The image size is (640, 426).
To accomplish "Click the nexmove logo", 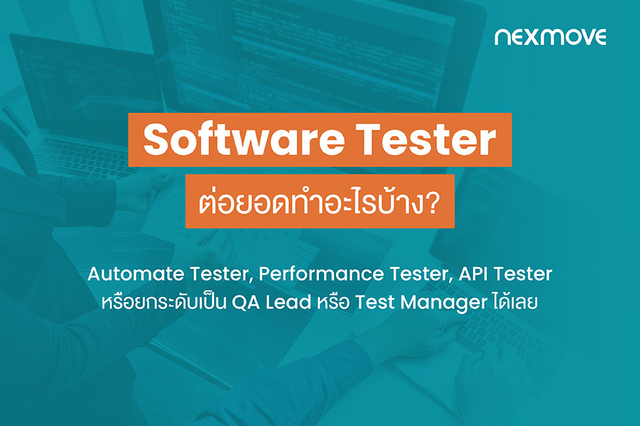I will point(550,36).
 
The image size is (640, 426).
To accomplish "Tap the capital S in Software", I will point(156,140).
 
